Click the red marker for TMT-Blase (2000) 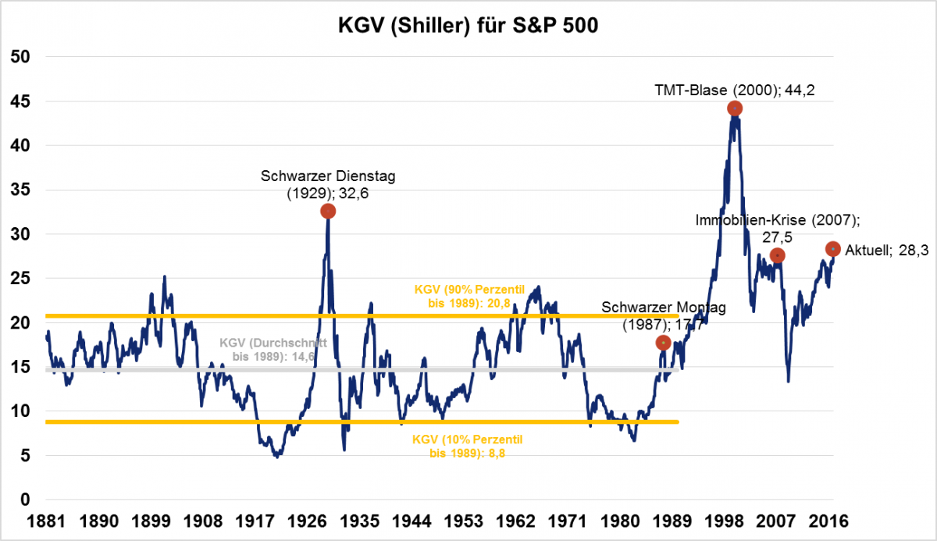[734, 109]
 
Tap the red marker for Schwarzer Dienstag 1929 [328, 212]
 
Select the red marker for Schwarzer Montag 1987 [663, 343]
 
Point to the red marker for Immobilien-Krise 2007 [777, 255]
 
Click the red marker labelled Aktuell [833, 249]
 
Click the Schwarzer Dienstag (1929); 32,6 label [328, 184]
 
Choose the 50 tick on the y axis [20, 57]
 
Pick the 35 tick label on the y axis [20, 190]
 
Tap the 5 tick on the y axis [25, 456]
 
